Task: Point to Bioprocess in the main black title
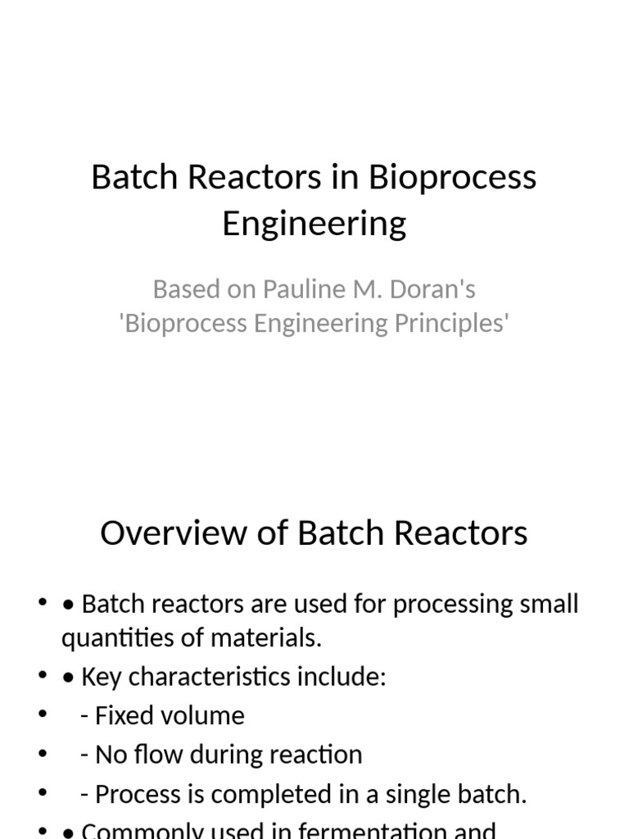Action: [452, 177]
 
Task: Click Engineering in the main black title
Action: [314, 223]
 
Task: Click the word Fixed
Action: [118, 715]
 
